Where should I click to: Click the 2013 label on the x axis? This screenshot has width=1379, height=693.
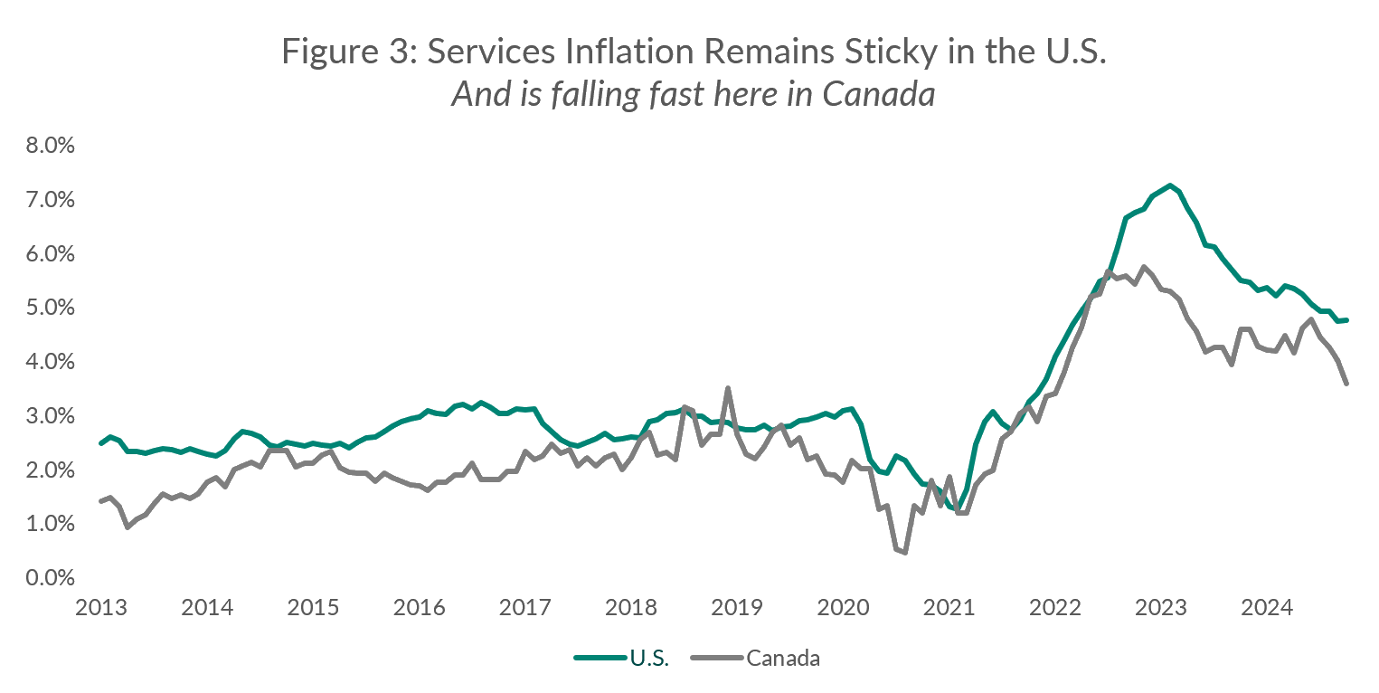point(100,606)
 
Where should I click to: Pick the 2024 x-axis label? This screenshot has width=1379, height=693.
point(1267,606)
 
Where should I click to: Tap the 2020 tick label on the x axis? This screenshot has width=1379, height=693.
point(843,606)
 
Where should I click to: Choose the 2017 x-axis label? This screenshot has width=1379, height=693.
point(524,606)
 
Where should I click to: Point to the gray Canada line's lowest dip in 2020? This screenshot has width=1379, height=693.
point(904,552)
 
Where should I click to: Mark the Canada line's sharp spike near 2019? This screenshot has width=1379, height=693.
point(728,388)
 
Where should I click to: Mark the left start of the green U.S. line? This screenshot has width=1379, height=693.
point(100,443)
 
